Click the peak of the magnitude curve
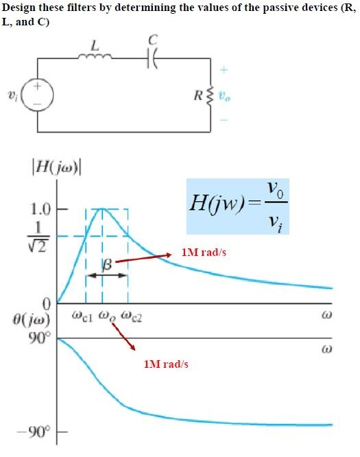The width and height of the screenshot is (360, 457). pos(102,208)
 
